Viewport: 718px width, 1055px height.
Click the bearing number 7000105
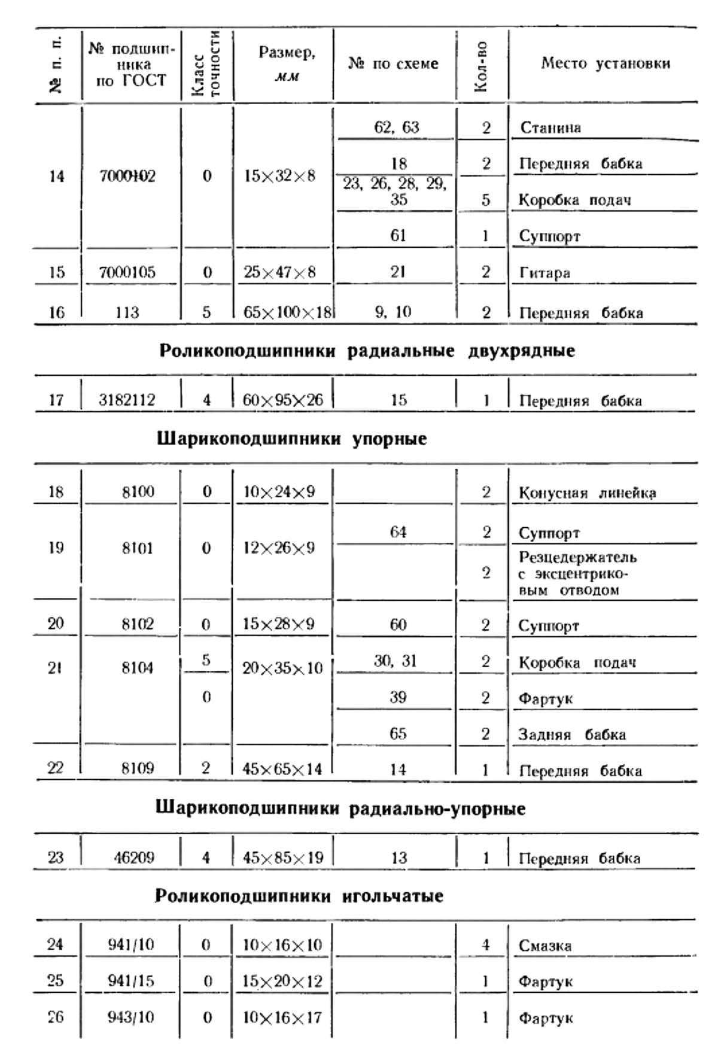click(x=127, y=272)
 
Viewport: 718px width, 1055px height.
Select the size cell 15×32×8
click(x=279, y=176)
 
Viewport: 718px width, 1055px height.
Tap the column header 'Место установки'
click(x=605, y=63)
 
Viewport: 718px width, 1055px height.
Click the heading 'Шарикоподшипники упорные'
click(x=291, y=439)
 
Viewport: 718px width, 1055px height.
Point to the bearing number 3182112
click(x=127, y=400)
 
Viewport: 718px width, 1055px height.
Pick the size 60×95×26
click(x=282, y=400)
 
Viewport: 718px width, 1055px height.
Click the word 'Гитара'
click(x=544, y=273)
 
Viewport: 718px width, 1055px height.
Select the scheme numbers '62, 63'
click(x=396, y=127)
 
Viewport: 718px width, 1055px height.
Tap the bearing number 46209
click(x=134, y=858)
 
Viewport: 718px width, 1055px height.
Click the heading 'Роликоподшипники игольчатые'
click(x=299, y=896)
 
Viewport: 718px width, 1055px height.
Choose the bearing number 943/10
click(x=130, y=1017)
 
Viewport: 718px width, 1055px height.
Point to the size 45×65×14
click(x=282, y=768)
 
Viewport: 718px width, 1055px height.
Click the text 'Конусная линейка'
click(x=587, y=493)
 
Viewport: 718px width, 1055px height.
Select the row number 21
click(x=55, y=668)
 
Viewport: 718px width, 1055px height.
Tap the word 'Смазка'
click(x=544, y=945)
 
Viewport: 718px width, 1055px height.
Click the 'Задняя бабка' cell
click(x=571, y=734)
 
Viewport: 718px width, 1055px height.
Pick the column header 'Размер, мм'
click(x=287, y=63)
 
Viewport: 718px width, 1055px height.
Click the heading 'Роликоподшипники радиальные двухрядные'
click(x=367, y=351)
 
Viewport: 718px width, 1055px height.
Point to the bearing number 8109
click(x=138, y=768)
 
